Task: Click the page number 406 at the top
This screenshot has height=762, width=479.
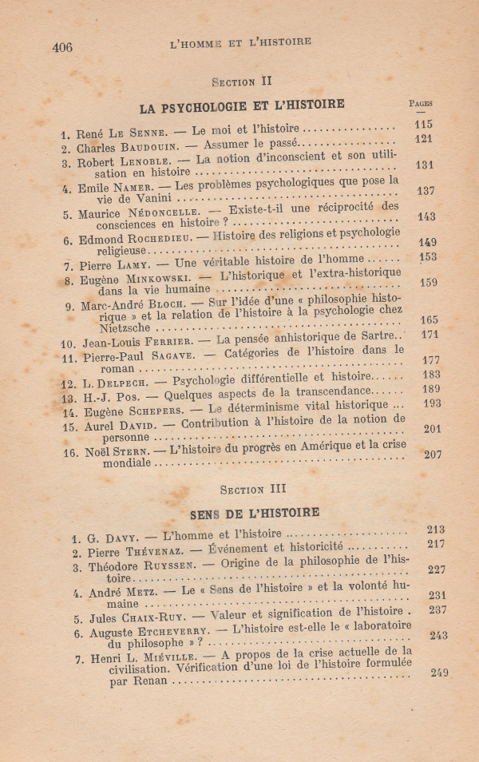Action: (x=62, y=47)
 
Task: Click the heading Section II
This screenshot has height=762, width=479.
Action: (x=243, y=81)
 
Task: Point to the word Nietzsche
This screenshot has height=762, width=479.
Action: (x=117, y=329)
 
